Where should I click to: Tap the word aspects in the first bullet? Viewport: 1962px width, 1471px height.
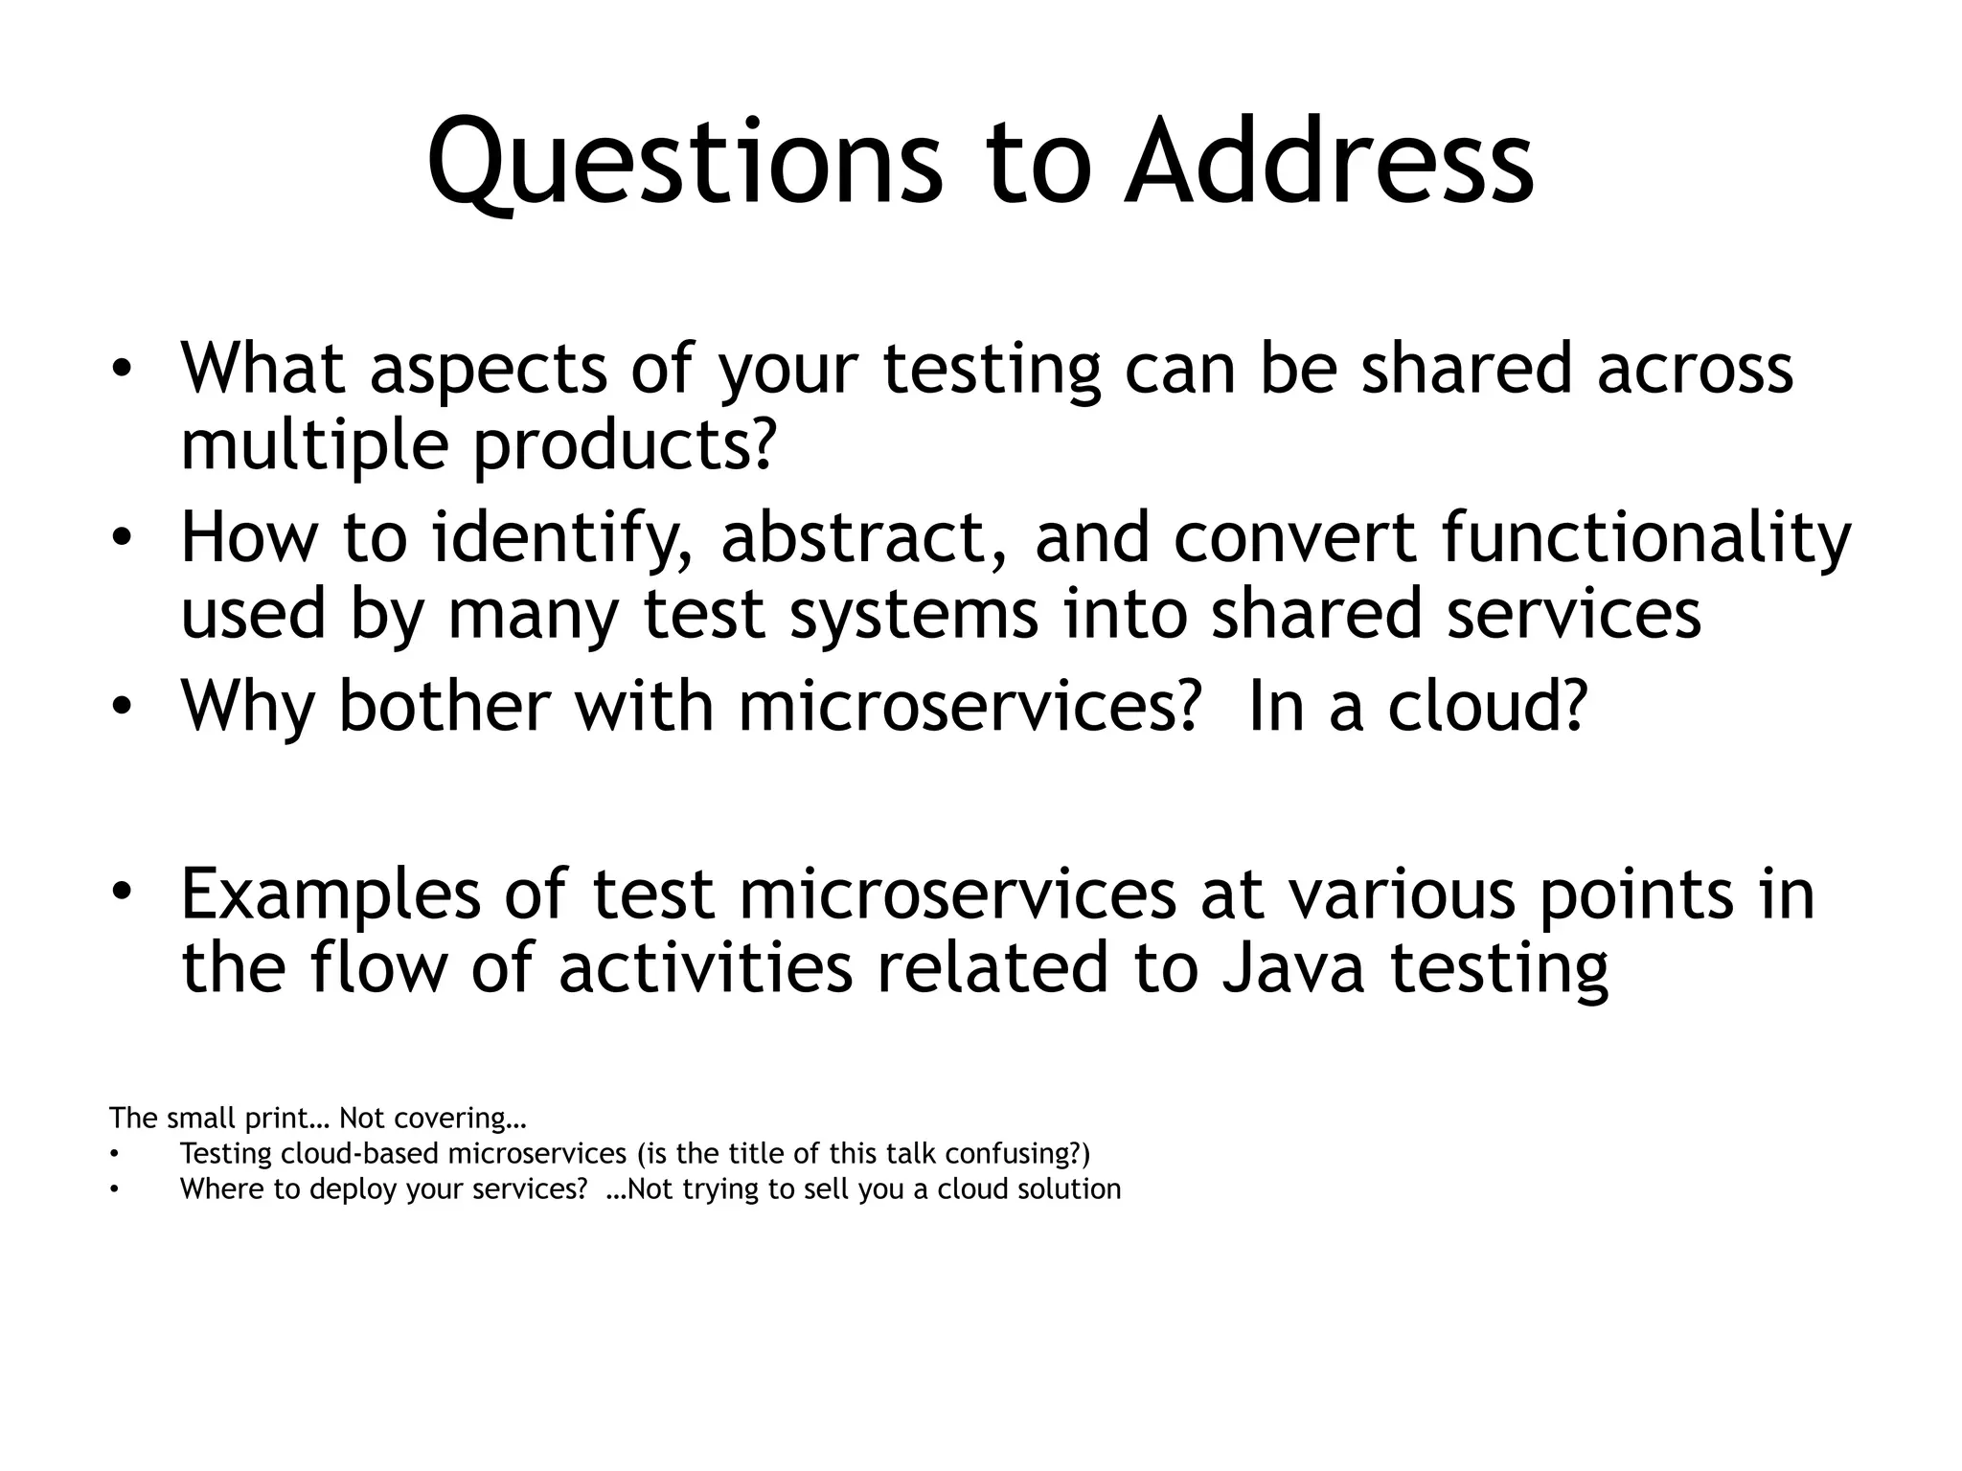[x=488, y=370]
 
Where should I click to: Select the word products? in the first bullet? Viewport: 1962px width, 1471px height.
[x=624, y=447]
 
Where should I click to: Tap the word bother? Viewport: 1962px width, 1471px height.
[x=444, y=706]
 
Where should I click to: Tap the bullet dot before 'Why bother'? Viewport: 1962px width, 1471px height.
[x=120, y=708]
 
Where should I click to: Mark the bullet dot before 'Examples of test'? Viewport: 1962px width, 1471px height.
[x=120, y=894]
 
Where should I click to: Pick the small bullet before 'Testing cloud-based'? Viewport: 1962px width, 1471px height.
[x=114, y=1155]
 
